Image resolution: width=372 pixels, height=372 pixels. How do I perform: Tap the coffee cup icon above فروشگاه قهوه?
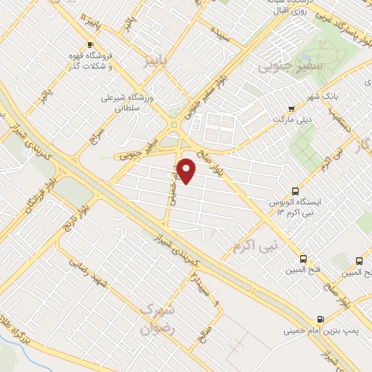[91, 45]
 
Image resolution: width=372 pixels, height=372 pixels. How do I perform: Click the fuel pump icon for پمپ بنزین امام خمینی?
[320, 319]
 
